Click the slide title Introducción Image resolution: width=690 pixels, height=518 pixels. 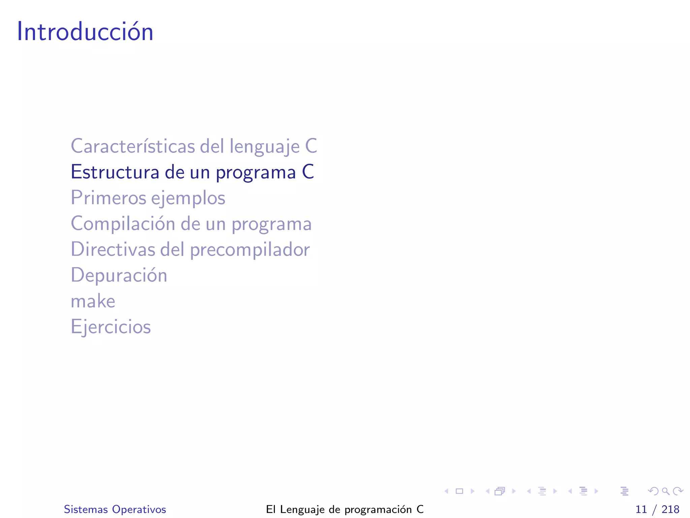click(85, 31)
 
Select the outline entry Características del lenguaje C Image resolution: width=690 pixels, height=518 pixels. click(194, 146)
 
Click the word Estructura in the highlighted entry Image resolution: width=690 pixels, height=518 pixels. click(115, 172)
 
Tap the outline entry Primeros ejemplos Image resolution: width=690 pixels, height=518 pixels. click(148, 198)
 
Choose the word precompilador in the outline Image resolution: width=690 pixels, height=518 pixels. click(250, 250)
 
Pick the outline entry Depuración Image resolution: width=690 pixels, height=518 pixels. click(119, 275)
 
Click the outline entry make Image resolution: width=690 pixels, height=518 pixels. click(93, 301)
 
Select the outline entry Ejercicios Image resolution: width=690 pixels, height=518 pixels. click(111, 327)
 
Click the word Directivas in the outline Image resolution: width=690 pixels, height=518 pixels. click(113, 250)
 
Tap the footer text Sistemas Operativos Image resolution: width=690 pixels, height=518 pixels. click(115, 509)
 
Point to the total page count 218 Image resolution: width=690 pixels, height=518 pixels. click(670, 509)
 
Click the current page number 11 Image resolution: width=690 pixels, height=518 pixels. click(641, 509)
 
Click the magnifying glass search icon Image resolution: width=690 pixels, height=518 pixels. click(665, 491)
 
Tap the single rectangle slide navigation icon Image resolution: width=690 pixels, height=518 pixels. click(459, 491)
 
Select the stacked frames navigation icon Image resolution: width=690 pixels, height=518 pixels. click(500, 491)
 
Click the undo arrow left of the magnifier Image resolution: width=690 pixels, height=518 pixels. click(653, 491)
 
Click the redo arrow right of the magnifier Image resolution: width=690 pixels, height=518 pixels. click(678, 491)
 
